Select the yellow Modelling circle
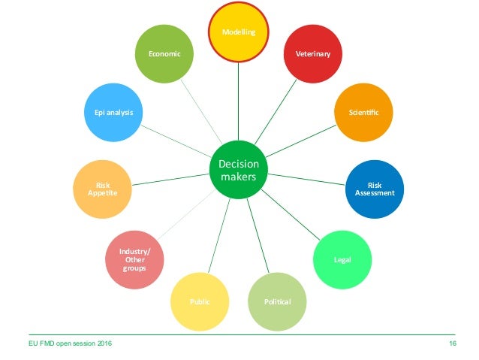click(239, 32)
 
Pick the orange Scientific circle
click(363, 113)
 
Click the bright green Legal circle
click(342, 260)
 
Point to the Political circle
click(277, 301)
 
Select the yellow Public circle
click(200, 301)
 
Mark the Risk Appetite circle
click(102, 189)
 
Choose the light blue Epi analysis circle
click(113, 113)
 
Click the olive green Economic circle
click(164, 54)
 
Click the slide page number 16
click(453, 343)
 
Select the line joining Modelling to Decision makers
click(239, 101)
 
